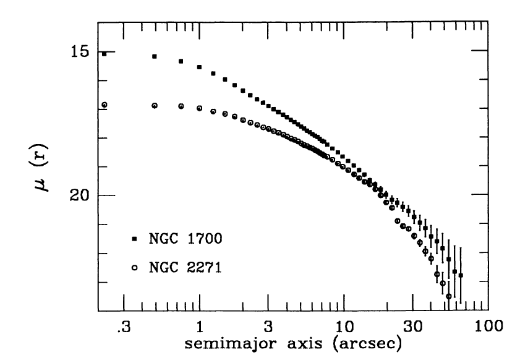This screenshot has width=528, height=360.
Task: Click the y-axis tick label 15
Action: point(79,52)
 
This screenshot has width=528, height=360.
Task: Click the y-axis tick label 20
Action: point(79,195)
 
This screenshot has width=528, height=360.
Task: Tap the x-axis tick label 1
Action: point(200,325)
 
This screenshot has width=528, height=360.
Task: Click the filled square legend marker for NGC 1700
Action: point(134,238)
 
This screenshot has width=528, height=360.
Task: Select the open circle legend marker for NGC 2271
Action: point(134,268)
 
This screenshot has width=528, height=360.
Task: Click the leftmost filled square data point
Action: point(104,54)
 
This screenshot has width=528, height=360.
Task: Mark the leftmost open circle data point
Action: point(104,105)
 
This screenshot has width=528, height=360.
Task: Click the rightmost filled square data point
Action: point(461,275)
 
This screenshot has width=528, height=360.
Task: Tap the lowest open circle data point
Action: point(449,297)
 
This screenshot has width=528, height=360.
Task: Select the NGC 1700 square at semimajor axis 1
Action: point(200,67)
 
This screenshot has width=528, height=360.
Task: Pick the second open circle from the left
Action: point(155,106)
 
